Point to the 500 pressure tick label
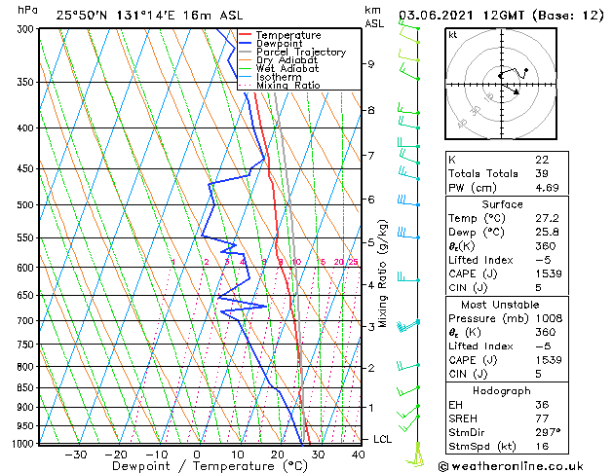point(24,205)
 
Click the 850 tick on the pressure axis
point(24,387)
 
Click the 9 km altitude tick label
point(370,64)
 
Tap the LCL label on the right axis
point(383,440)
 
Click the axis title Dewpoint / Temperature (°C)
point(196,466)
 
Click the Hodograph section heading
point(502,390)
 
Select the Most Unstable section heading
point(502,305)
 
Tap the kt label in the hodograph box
point(453,35)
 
